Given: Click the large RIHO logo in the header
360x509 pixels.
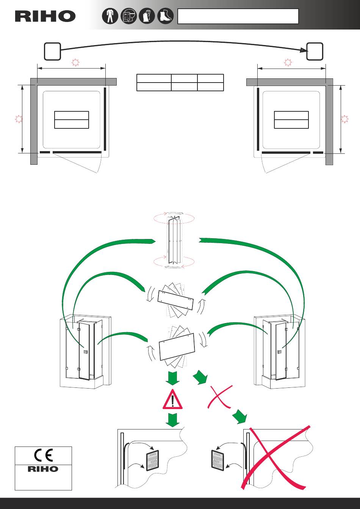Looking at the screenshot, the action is click(45, 16).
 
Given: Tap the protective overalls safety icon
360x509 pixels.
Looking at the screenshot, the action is click(110, 16).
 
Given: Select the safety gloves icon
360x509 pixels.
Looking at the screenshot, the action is click(147, 16).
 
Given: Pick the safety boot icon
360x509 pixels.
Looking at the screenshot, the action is click(165, 16).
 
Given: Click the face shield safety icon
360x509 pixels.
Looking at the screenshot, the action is click(128, 16).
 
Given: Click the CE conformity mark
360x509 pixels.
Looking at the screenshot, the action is click(43, 455).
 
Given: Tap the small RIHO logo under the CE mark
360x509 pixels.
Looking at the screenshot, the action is click(43, 469).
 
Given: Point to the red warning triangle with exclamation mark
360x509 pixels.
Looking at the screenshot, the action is click(172, 400).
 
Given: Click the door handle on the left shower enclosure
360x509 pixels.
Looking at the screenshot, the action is click(85, 352).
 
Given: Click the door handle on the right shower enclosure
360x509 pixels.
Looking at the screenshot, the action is click(280, 352).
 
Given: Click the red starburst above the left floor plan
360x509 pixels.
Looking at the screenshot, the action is click(75, 62).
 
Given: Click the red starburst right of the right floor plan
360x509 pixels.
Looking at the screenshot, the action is click(344, 119).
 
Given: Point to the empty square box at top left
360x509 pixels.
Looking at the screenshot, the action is click(52, 51).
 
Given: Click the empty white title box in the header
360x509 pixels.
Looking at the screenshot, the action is click(238, 16).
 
